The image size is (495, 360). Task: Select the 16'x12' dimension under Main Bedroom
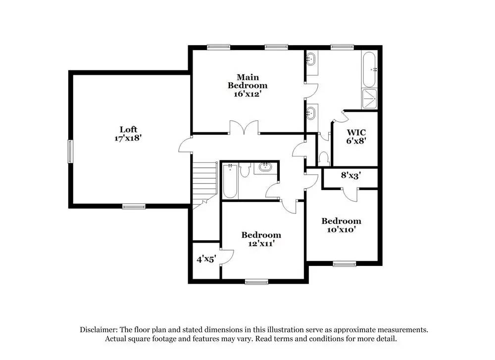tap(247, 94)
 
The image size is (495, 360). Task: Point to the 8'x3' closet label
tap(350, 175)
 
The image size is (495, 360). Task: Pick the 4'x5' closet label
tap(205, 258)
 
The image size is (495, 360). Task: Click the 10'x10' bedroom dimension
tap(341, 229)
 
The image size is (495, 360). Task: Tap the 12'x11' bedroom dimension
tap(261, 243)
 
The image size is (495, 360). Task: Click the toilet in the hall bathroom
tap(245, 170)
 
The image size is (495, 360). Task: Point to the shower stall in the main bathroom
tap(370, 98)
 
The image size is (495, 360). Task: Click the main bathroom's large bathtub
tap(370, 69)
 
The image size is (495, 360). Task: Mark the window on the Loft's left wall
tap(70, 152)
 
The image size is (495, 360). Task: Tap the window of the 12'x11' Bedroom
tap(256, 282)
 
